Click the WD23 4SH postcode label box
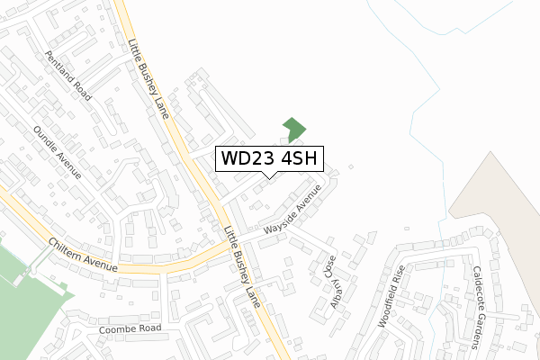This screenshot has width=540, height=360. tap(267, 159)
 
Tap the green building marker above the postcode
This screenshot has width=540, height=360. tap(293, 130)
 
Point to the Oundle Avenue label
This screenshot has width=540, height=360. tap(56, 152)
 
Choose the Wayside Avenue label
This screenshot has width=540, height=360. tap(292, 213)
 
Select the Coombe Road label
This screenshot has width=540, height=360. tap(131, 328)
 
